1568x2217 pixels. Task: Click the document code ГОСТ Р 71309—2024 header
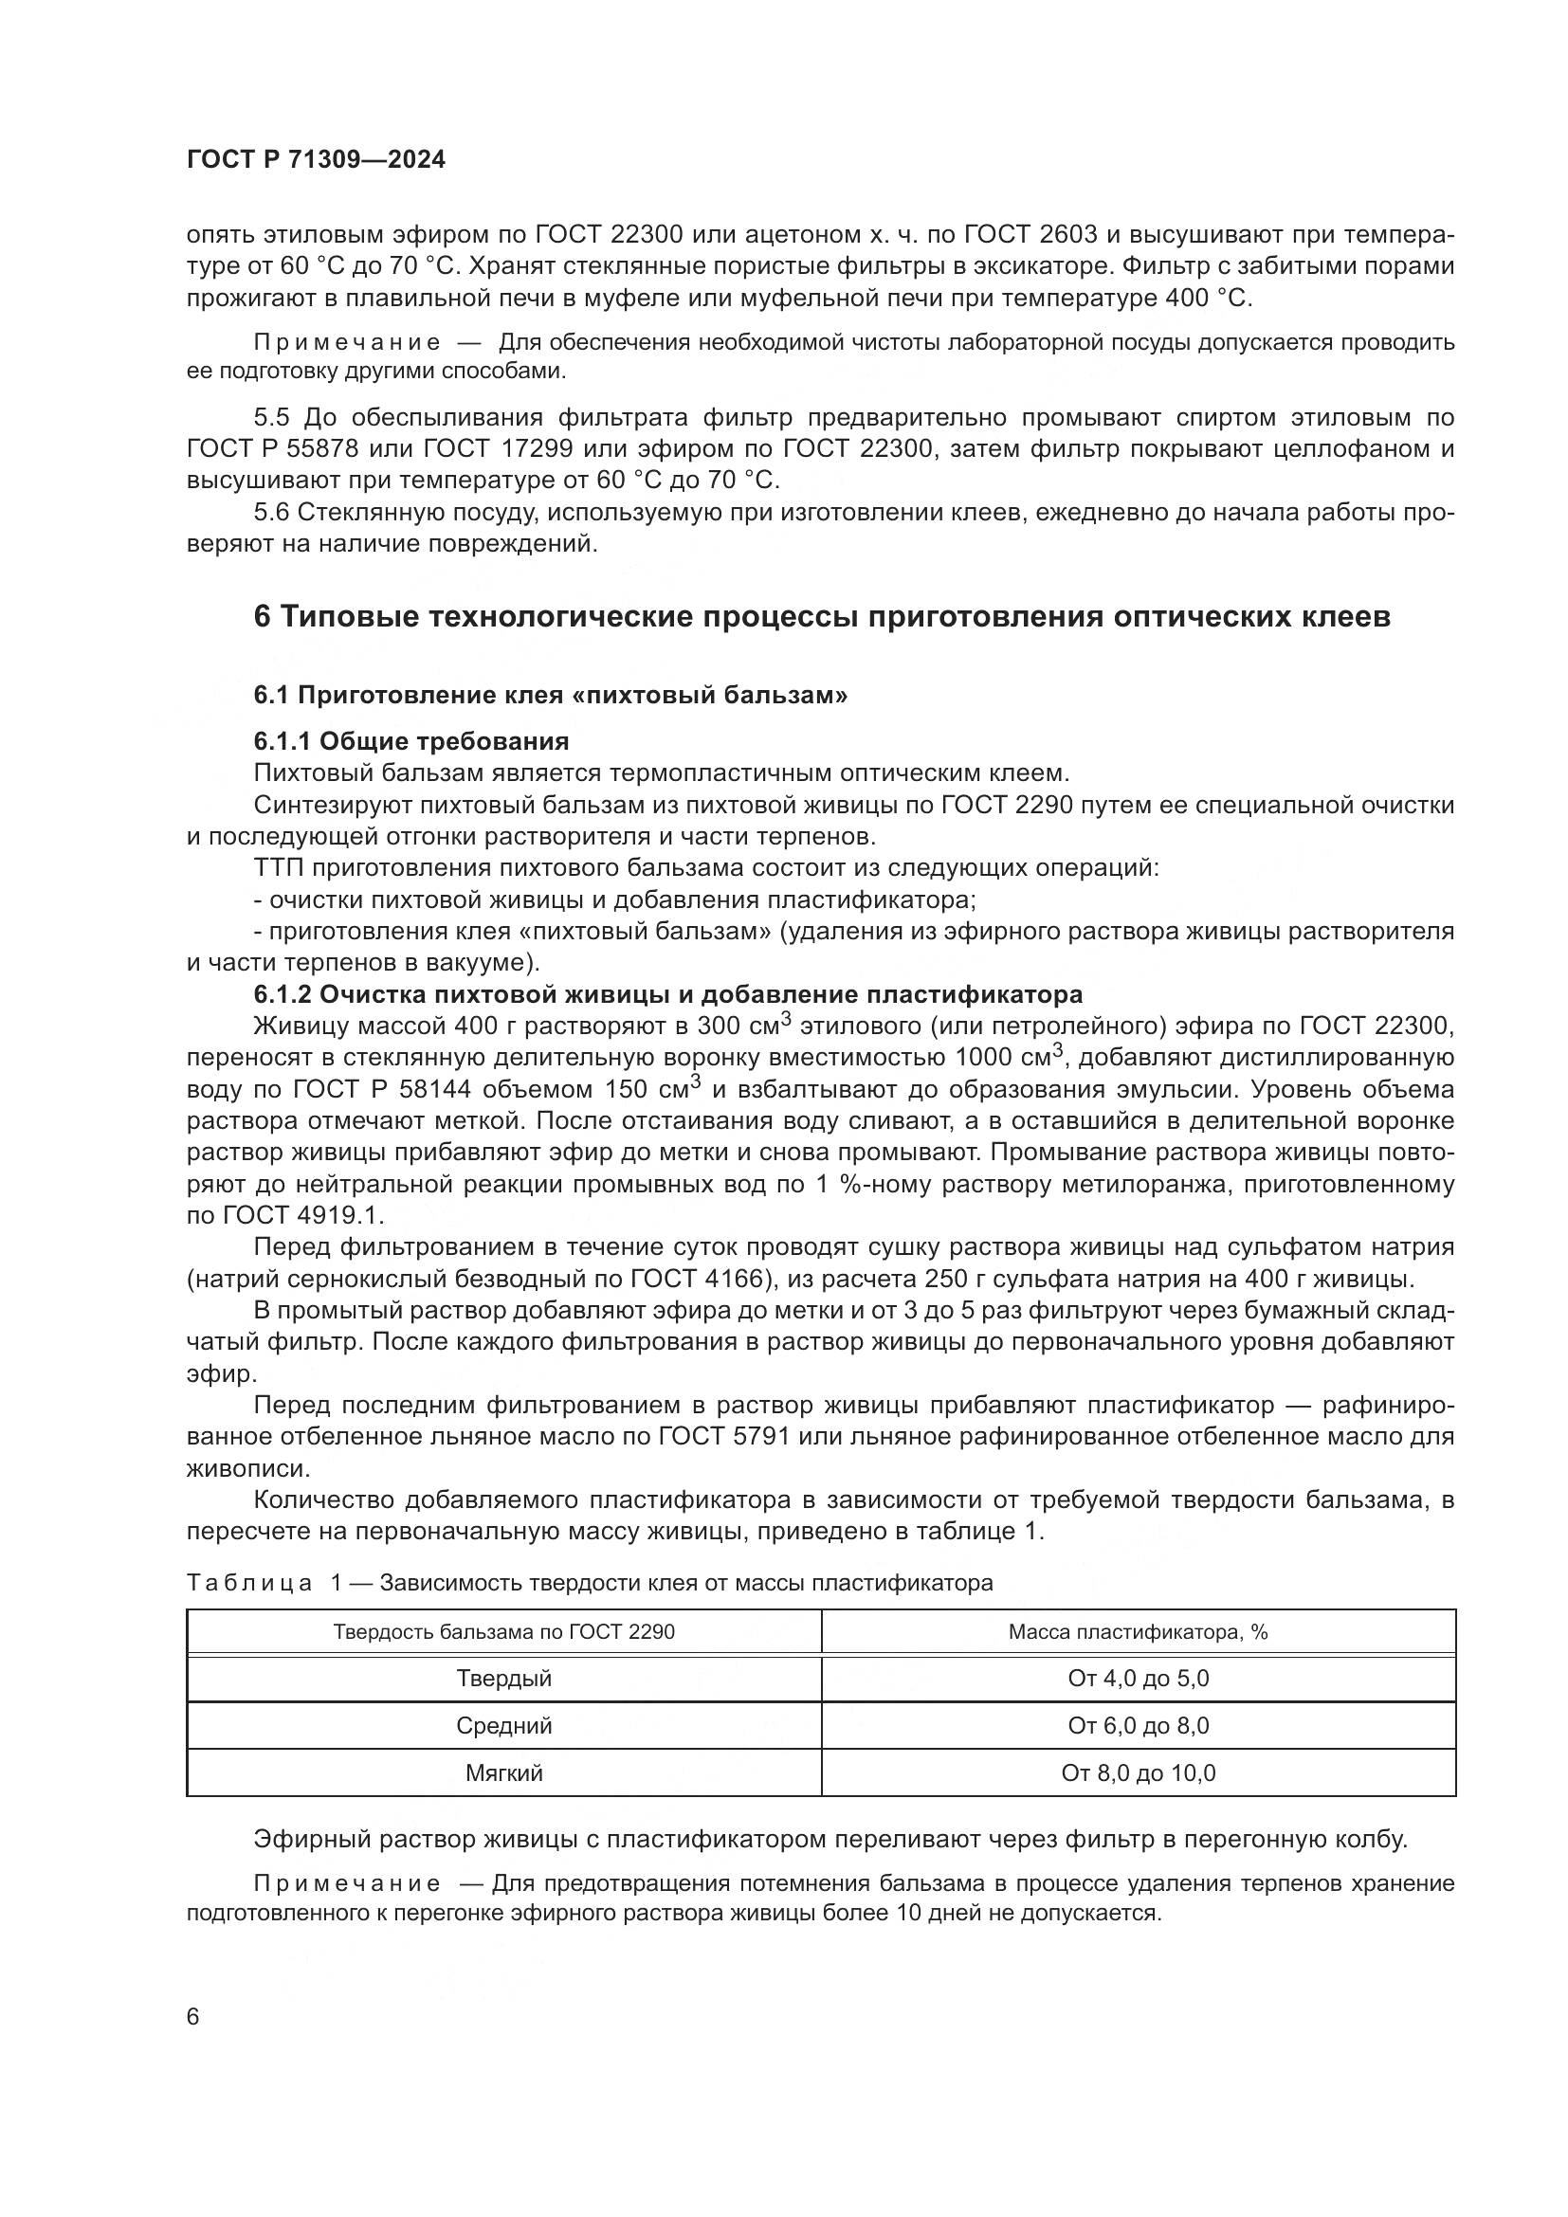[316, 160]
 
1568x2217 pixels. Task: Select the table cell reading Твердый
[504, 1679]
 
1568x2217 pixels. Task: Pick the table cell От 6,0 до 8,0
[1139, 1725]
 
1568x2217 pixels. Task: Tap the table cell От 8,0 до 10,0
[1139, 1772]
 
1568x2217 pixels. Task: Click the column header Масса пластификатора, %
[1139, 1632]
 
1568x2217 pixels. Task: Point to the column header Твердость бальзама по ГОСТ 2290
[504, 1632]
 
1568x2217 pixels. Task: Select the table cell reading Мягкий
[504, 1772]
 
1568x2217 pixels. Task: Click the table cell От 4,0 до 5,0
[1139, 1679]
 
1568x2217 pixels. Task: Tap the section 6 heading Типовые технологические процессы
[822, 617]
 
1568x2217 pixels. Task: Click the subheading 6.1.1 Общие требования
[411, 741]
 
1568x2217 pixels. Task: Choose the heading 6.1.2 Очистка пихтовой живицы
[668, 994]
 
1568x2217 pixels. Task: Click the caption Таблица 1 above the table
[589, 1583]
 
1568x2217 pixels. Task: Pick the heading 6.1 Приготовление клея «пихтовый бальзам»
[551, 695]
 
